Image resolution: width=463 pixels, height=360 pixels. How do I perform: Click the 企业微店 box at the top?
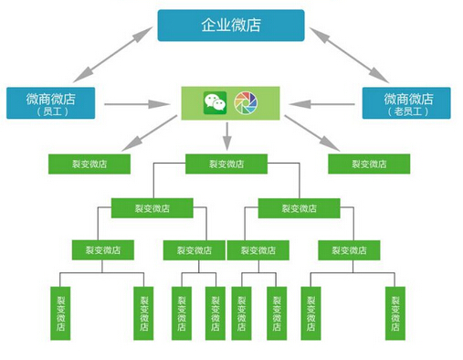pyautogui.click(x=230, y=25)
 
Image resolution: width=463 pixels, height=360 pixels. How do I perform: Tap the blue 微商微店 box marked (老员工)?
pyautogui.click(x=406, y=102)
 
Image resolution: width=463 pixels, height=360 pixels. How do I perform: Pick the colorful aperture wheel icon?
pyautogui.click(x=246, y=101)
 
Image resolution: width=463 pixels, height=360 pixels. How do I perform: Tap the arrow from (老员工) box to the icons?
pyautogui.click(x=322, y=103)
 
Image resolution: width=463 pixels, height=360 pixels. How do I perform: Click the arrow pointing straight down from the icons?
pyautogui.click(x=226, y=135)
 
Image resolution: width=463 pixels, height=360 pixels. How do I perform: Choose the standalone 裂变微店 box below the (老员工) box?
pyautogui.click(x=369, y=164)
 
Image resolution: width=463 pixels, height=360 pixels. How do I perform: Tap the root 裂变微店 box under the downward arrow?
pyautogui.click(x=226, y=164)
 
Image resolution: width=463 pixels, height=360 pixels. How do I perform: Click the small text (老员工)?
pyautogui.click(x=406, y=112)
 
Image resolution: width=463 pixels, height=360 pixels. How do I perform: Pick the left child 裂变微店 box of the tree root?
pyautogui.click(x=153, y=207)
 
